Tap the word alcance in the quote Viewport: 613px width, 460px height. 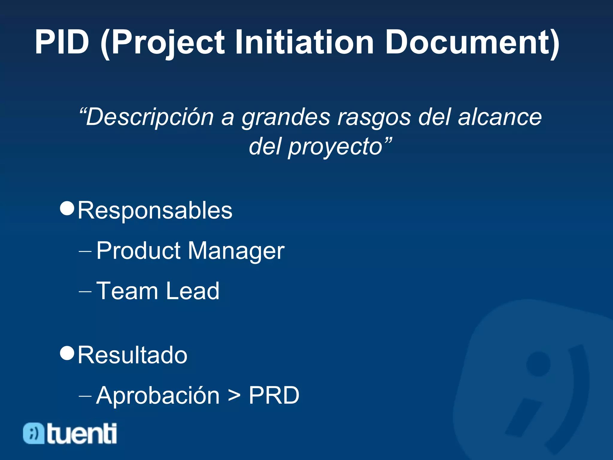(x=500, y=117)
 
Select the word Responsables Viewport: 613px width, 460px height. (x=155, y=211)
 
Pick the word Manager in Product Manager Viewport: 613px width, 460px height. (x=236, y=251)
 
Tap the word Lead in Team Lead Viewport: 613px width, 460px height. (x=193, y=291)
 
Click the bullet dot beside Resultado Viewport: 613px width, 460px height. (x=67, y=353)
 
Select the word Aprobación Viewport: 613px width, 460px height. (x=158, y=395)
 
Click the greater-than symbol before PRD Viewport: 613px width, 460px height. (x=234, y=396)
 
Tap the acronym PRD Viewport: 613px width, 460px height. (x=274, y=395)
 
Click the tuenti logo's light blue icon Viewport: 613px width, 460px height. (x=34, y=433)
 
